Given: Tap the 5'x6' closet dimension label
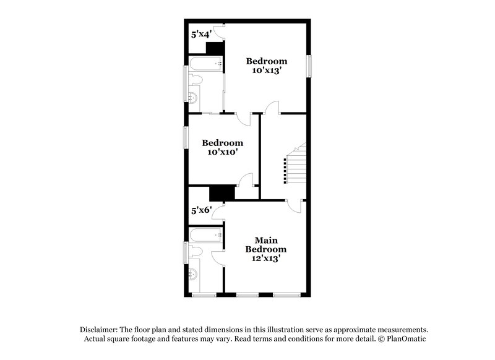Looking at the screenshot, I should point(202,210).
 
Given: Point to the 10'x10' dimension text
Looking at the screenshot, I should point(223,152).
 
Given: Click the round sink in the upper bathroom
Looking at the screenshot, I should point(192,97).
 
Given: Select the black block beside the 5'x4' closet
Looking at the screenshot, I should point(214,48).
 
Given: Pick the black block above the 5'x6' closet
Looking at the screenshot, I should point(222,192).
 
